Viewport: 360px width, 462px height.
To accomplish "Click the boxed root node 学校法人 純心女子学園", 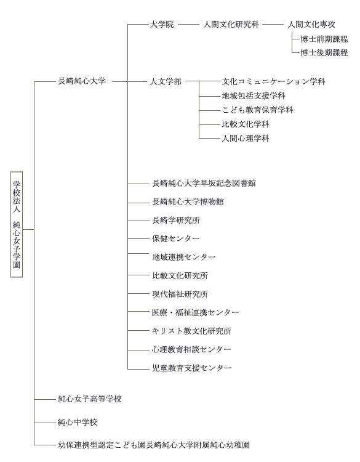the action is pyautogui.click(x=17, y=224).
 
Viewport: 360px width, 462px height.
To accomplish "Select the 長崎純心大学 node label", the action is pyautogui.click(x=82, y=81).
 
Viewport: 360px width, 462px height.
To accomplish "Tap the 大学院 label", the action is pyautogui.click(x=162, y=24).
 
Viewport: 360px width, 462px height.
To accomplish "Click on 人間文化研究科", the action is pyautogui.click(x=231, y=24).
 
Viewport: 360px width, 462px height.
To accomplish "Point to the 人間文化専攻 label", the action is pyautogui.click(x=311, y=24).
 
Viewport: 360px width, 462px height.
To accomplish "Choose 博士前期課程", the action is pyautogui.click(x=324, y=39).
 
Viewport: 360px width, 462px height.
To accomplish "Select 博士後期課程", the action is pyautogui.click(x=324, y=53).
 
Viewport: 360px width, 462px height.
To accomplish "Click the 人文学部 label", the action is pyautogui.click(x=166, y=81).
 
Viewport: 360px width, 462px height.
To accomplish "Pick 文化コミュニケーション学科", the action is pyautogui.click(x=274, y=81).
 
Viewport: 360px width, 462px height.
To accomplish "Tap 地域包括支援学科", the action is pyautogui.click(x=254, y=95).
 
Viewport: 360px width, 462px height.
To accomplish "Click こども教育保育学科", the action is pyautogui.click(x=258, y=110).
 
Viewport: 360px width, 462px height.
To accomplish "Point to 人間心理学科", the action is pyautogui.click(x=246, y=138).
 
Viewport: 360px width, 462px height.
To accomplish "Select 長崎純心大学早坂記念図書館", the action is pyautogui.click(x=204, y=184).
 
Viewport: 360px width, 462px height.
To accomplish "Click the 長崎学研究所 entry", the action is pyautogui.click(x=176, y=220).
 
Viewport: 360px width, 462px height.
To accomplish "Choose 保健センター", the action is pyautogui.click(x=176, y=238).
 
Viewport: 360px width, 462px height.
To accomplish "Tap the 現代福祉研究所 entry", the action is pyautogui.click(x=180, y=294).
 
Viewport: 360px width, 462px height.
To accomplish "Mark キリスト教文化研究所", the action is pyautogui.click(x=191, y=331).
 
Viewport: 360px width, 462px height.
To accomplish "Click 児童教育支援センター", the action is pyautogui.click(x=192, y=368).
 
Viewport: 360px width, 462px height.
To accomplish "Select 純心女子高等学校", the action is pyautogui.click(x=90, y=399).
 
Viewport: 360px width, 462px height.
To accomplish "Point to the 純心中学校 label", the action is pyautogui.click(x=78, y=422).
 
